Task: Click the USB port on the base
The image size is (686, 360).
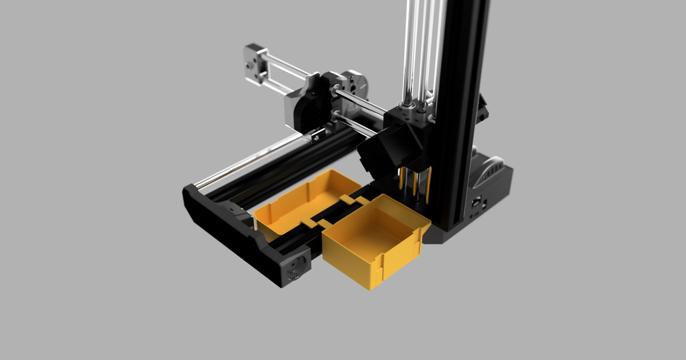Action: (476, 203)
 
